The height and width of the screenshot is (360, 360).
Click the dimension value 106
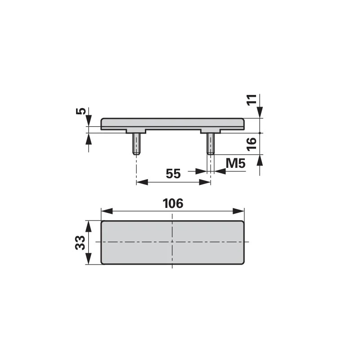coord(173,203)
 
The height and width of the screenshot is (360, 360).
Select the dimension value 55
coord(173,174)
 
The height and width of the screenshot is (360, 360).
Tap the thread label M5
coord(235,163)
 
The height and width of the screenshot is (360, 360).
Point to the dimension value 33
coord(80,243)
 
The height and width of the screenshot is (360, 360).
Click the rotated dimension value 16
coord(252,144)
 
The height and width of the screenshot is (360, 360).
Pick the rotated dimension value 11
coord(252,100)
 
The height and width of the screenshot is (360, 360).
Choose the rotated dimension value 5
coord(81,111)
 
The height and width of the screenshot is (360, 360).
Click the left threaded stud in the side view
coord(136,144)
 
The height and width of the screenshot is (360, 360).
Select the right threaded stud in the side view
coord(211,144)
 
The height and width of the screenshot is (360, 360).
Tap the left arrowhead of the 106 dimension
coord(107,211)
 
